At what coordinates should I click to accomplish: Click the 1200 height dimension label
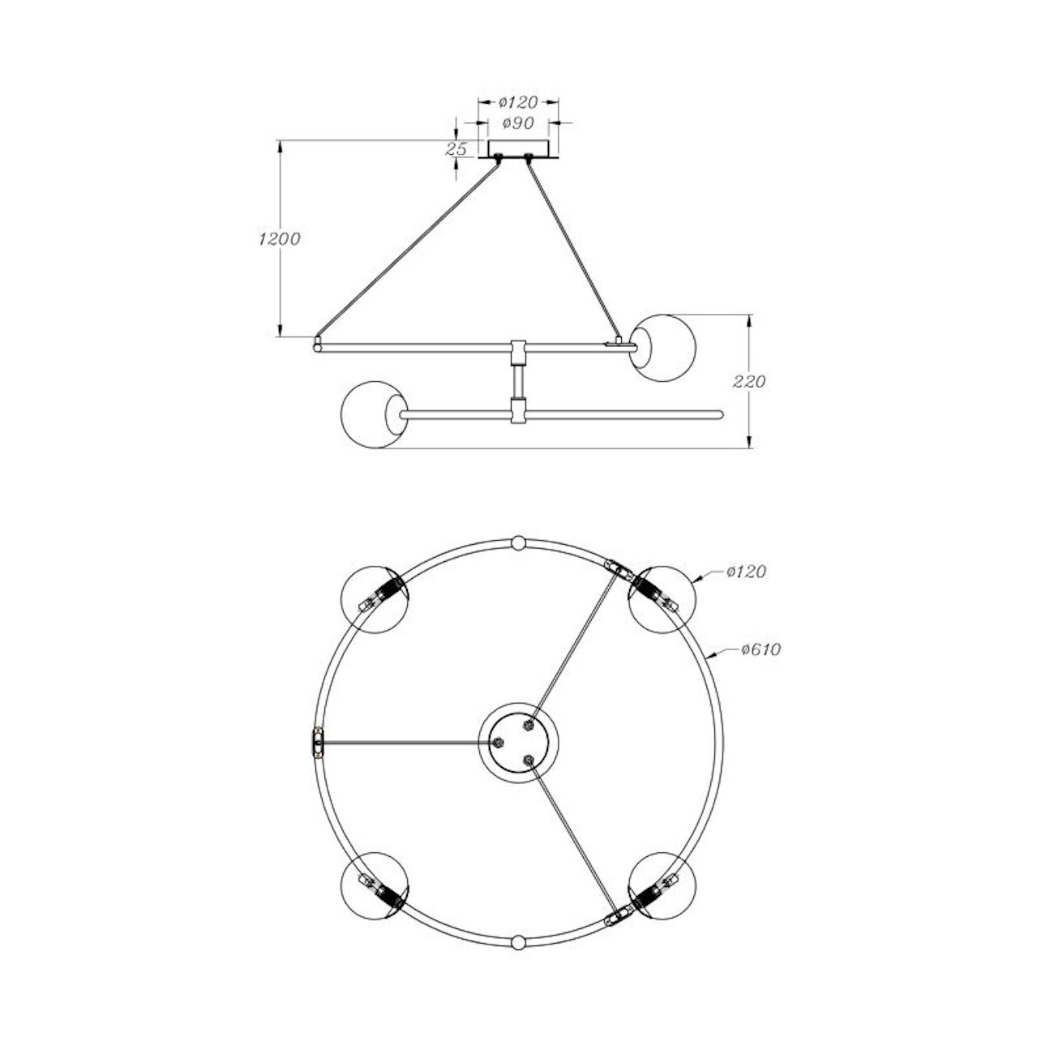279,239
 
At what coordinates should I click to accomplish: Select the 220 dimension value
748,381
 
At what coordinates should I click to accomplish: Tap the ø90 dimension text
518,123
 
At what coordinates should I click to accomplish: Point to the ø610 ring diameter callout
760,649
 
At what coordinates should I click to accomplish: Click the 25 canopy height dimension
457,149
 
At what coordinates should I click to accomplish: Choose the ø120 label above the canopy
518,102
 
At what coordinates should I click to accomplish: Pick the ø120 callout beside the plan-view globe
746,572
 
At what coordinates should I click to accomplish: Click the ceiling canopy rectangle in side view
518,149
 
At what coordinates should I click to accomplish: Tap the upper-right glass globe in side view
663,348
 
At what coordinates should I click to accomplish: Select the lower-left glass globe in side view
374,414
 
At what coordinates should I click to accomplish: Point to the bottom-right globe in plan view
662,886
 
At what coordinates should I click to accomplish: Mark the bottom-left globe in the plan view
375,886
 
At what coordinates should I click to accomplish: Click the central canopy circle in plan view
518,743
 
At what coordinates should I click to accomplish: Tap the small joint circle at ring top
519,542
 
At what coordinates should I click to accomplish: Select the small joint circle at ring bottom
519,942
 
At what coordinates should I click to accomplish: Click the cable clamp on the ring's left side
318,742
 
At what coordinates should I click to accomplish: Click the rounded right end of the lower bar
718,414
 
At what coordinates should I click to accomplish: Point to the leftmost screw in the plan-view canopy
499,742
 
